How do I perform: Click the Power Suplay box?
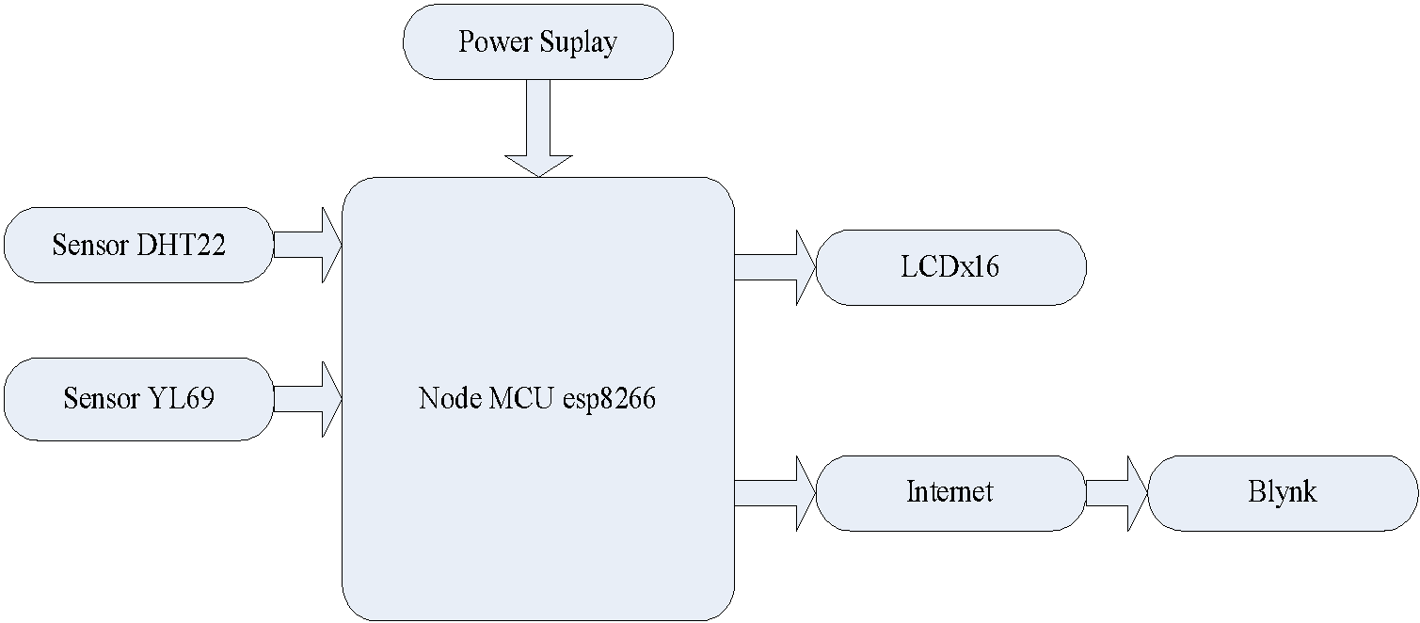click(537, 42)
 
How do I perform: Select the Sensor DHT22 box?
click(138, 245)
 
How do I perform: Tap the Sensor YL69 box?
click(138, 398)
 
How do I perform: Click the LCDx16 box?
click(950, 267)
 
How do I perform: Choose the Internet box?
click(950, 492)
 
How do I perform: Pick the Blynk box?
click(1283, 492)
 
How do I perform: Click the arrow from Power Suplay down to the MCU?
click(537, 127)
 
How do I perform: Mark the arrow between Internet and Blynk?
click(1116, 492)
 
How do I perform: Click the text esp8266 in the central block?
click(609, 399)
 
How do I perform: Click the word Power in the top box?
click(496, 42)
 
